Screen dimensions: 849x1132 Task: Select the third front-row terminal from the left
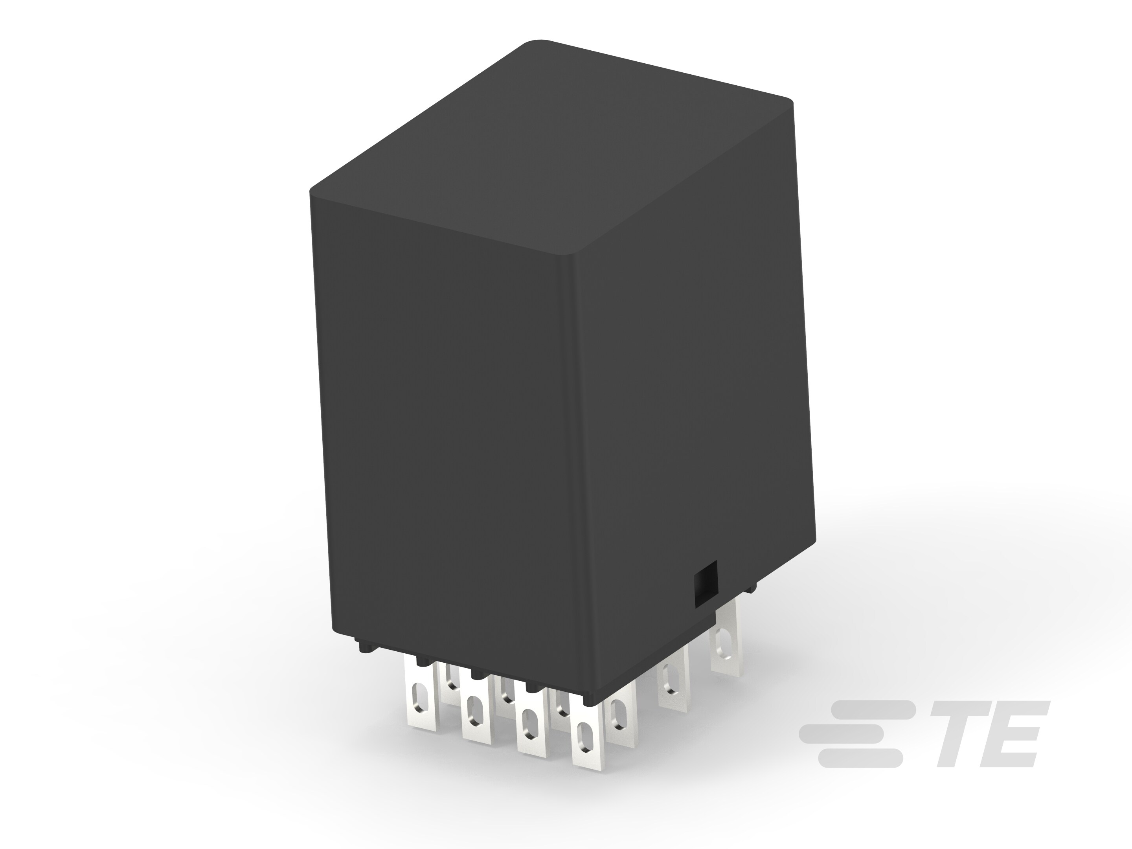pos(531,732)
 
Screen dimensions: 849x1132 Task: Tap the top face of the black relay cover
pos(553,149)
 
